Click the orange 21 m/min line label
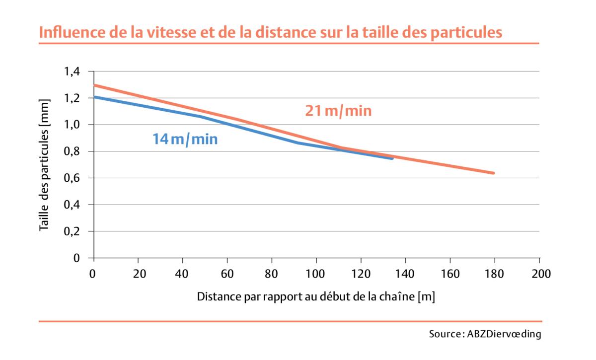(x=338, y=111)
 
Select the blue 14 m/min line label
(x=185, y=139)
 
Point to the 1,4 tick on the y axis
(x=72, y=72)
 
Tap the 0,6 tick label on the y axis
(x=72, y=178)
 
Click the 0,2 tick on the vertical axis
(x=72, y=231)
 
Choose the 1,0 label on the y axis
(x=72, y=125)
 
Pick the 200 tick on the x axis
(x=539, y=274)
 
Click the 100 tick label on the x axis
(x=316, y=274)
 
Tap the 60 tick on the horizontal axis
(x=227, y=274)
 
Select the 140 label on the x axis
(x=406, y=274)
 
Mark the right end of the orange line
(x=494, y=173)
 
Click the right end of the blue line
(x=393, y=158)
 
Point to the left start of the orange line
(x=94, y=85)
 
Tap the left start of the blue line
(x=94, y=97)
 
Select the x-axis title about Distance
(x=316, y=297)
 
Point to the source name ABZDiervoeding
(x=504, y=334)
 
